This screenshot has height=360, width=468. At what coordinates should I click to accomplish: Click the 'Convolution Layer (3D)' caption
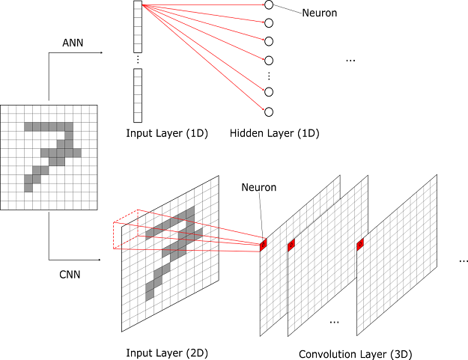click(355, 353)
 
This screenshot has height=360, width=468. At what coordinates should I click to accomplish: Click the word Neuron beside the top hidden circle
click(320, 13)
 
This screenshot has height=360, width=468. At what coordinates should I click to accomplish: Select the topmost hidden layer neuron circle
click(269, 5)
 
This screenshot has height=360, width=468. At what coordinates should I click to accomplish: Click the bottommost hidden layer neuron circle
click(269, 112)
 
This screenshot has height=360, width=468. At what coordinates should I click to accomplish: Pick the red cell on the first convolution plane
click(264, 245)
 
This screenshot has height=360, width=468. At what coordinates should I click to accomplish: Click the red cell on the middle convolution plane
click(291, 245)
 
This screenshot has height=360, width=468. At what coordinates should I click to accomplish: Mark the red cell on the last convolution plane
click(360, 244)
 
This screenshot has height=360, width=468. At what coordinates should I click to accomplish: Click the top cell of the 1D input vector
click(138, 6)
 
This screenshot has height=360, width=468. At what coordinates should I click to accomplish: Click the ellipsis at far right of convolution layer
click(463, 260)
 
